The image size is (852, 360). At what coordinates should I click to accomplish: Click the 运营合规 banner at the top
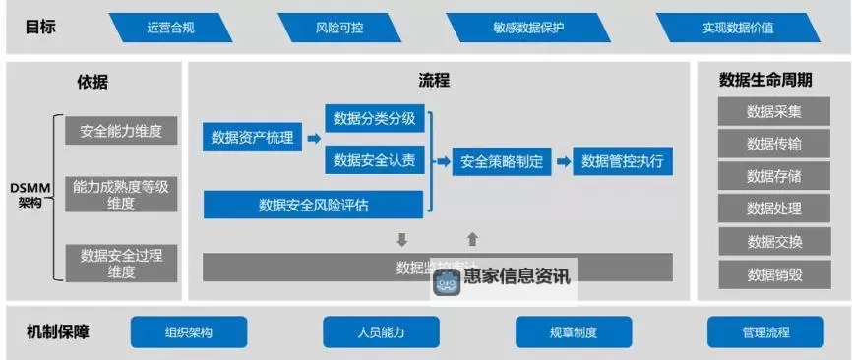(x=171, y=28)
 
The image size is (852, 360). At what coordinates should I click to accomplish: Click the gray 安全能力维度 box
(x=121, y=130)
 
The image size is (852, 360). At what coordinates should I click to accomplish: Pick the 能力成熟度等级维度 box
(x=121, y=195)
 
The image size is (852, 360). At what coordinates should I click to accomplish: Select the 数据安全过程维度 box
(x=121, y=263)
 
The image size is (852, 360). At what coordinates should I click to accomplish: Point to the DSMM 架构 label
(x=29, y=194)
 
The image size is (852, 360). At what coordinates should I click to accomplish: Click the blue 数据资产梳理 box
(x=253, y=138)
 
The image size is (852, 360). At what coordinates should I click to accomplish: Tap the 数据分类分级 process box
(x=375, y=119)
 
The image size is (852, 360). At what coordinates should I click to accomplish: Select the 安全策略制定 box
(x=502, y=161)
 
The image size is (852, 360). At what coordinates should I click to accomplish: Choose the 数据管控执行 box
(x=623, y=161)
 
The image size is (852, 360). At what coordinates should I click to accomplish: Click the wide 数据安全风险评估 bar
(x=314, y=205)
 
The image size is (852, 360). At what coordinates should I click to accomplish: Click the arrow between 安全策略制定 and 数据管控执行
(x=563, y=161)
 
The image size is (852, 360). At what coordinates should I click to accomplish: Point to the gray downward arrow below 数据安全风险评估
(x=401, y=239)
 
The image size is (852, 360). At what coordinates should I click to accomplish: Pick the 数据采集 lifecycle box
(x=774, y=111)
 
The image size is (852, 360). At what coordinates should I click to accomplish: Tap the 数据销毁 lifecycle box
(x=774, y=274)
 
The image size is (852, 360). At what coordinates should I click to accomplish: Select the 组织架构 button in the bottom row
(x=189, y=332)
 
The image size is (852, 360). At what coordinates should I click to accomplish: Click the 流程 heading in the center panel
(x=434, y=81)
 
